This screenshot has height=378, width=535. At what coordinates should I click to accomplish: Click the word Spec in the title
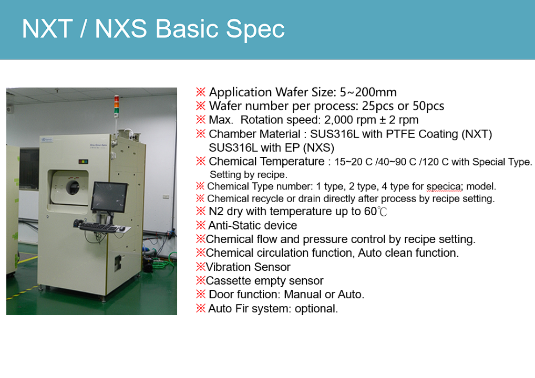pos(255,29)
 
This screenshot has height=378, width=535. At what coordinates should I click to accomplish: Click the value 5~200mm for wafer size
pos(368,92)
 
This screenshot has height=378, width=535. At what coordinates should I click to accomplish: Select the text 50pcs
pos(428,106)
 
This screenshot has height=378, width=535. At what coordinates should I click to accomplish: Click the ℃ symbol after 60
pos(383,212)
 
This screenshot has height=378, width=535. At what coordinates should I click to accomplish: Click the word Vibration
pos(228,267)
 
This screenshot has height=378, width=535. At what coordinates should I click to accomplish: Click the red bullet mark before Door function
pos(201,294)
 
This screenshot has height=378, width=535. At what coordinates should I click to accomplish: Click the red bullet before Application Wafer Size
pos(201,92)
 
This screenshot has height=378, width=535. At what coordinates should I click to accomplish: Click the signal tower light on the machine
pos(117,104)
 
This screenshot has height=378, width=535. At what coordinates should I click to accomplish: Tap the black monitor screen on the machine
pos(109,197)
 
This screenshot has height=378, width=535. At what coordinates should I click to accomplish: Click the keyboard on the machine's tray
pos(97,226)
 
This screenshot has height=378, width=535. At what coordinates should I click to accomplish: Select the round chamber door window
pos(73,187)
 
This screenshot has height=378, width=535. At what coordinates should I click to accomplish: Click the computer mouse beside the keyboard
pos(122,228)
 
